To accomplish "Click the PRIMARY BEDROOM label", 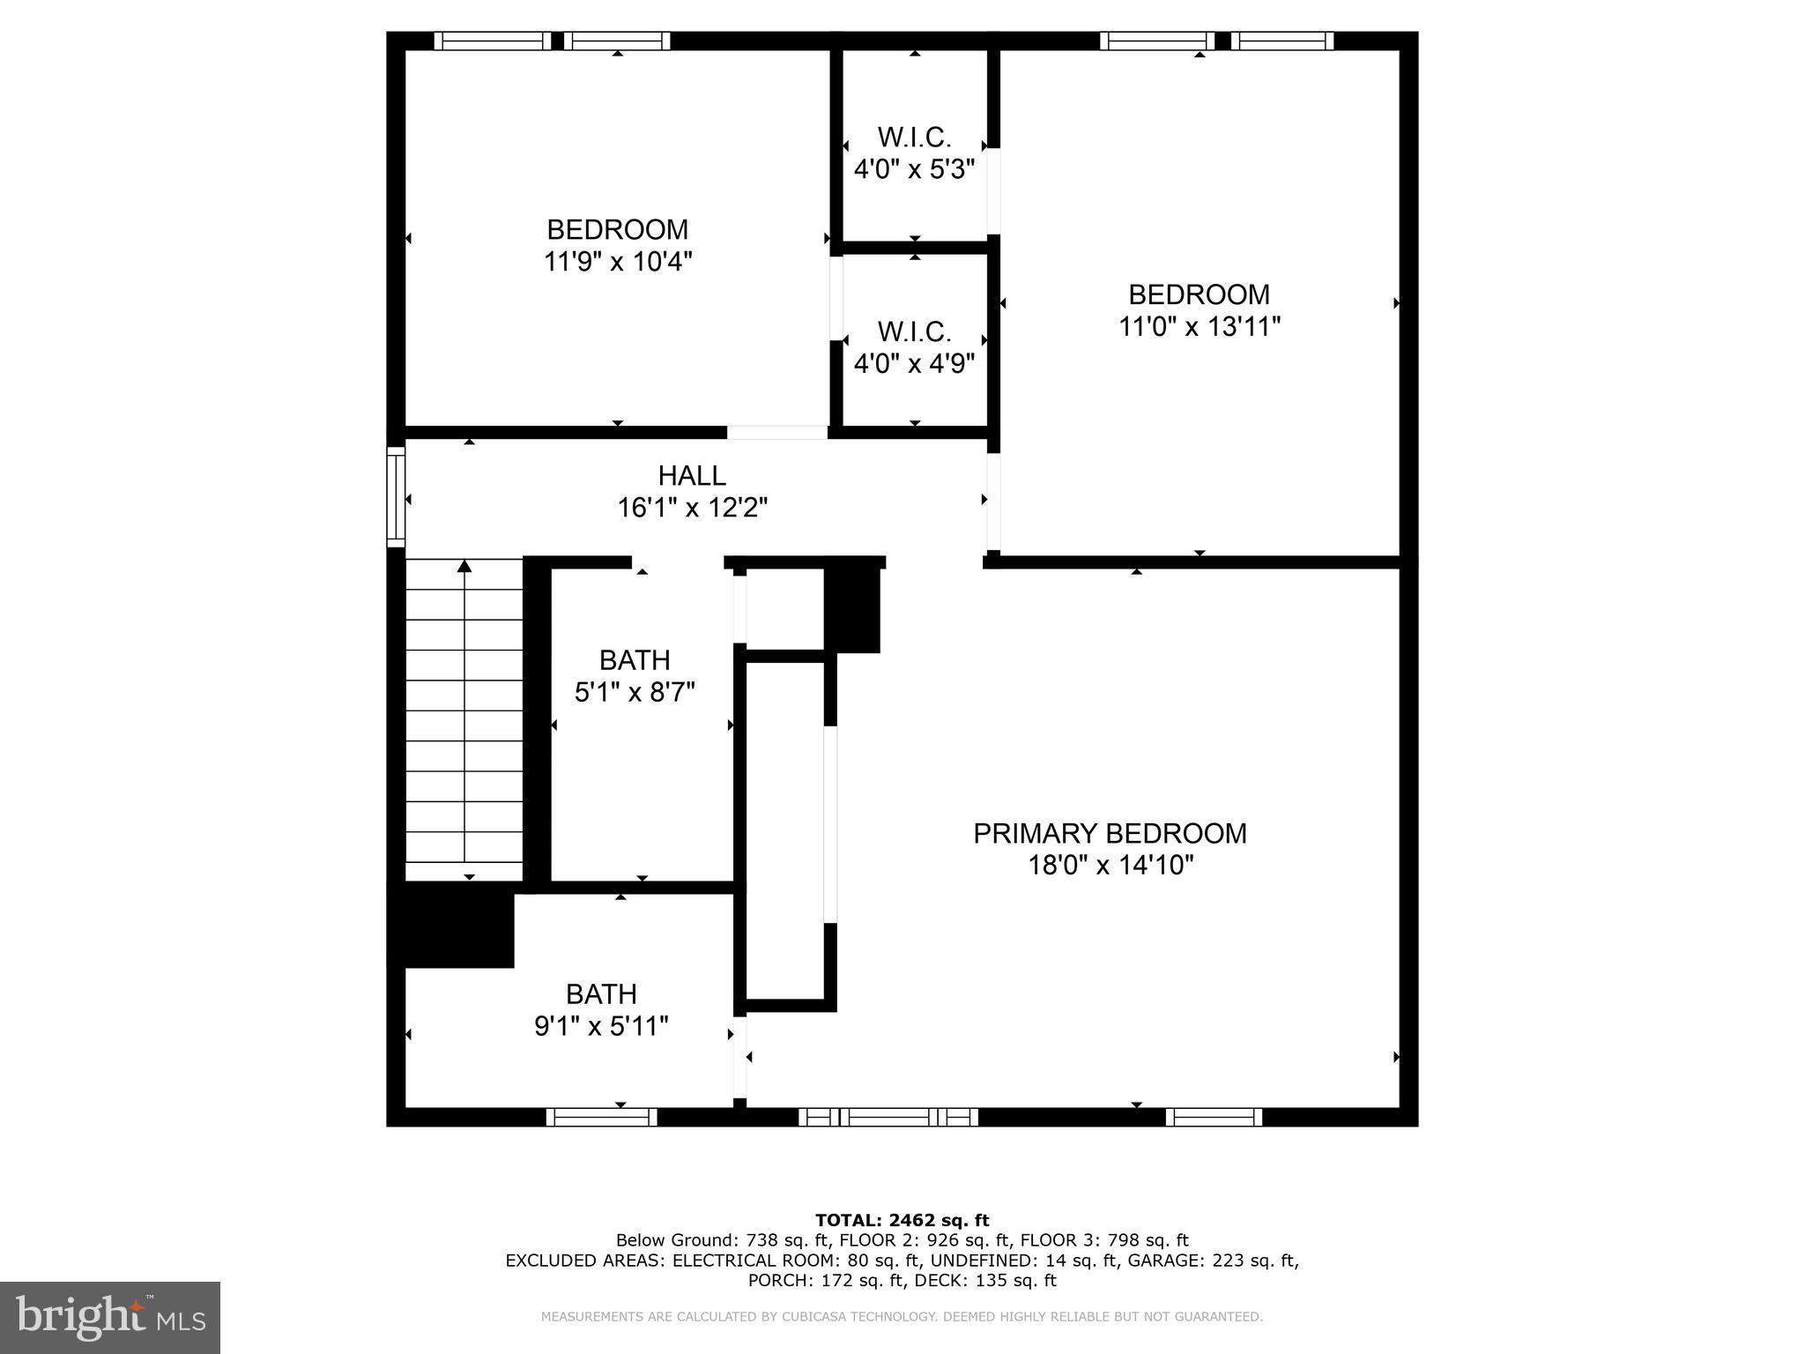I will click(1110, 834).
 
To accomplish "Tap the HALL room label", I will click(692, 476).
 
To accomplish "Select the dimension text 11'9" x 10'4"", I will click(618, 262).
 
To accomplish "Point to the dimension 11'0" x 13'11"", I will click(1199, 327).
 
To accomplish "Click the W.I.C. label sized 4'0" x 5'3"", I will click(914, 138).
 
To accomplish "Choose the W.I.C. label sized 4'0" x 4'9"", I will click(914, 332).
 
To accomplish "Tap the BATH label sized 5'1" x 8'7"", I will click(635, 660).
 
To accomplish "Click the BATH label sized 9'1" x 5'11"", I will click(601, 994).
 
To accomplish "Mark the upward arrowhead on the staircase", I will click(464, 566).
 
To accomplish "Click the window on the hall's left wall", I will click(396, 497).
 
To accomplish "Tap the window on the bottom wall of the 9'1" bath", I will click(602, 1118).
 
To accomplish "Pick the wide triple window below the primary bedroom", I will click(888, 1118).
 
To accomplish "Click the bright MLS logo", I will click(109, 1317).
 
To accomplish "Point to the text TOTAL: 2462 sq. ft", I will click(902, 1221).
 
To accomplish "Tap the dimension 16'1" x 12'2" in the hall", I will click(692, 509).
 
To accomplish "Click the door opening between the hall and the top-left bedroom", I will click(776, 432).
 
